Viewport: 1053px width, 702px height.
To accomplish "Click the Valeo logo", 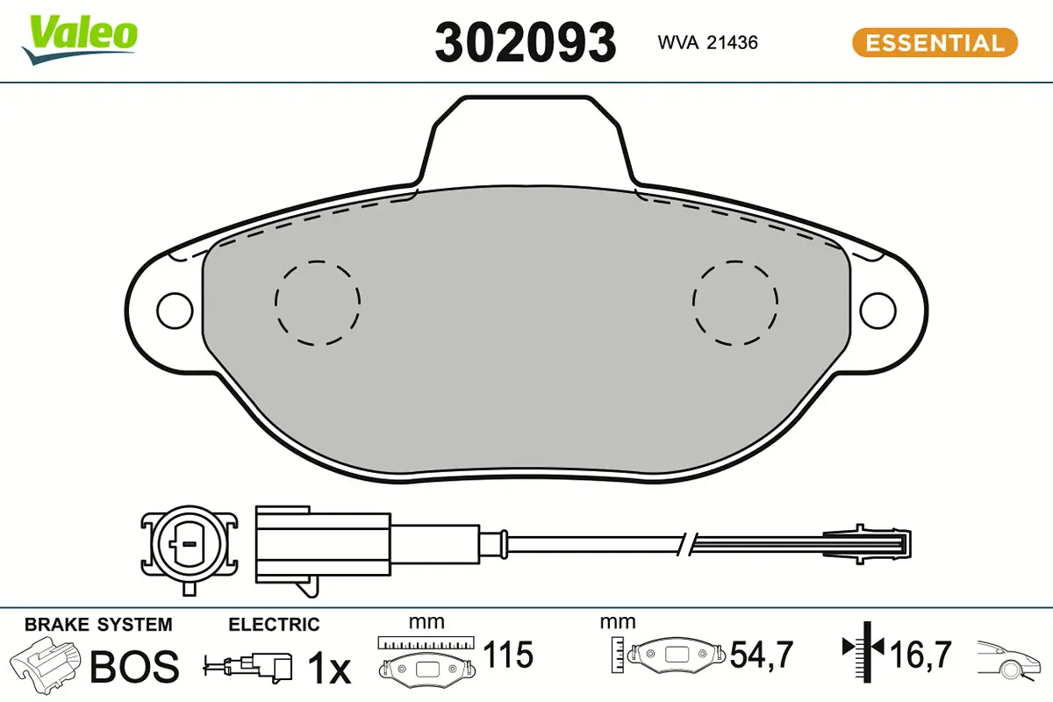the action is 80,39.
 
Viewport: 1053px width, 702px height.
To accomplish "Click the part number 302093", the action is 525,43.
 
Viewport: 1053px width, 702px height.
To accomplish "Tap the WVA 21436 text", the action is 707,43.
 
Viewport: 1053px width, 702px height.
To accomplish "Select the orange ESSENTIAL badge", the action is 935,43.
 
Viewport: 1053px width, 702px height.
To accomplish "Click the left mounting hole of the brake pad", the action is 175,311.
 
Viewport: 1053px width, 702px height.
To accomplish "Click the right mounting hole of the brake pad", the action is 877,311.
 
